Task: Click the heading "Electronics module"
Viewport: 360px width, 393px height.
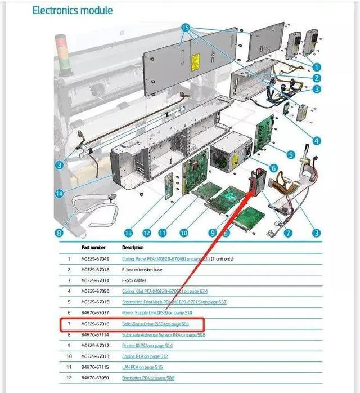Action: [x=72, y=10]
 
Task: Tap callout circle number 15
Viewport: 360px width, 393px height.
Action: [x=186, y=27]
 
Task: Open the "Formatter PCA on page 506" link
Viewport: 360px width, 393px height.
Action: [x=147, y=378]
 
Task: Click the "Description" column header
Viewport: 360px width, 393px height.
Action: [x=132, y=247]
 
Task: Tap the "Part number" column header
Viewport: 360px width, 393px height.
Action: [x=93, y=247]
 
